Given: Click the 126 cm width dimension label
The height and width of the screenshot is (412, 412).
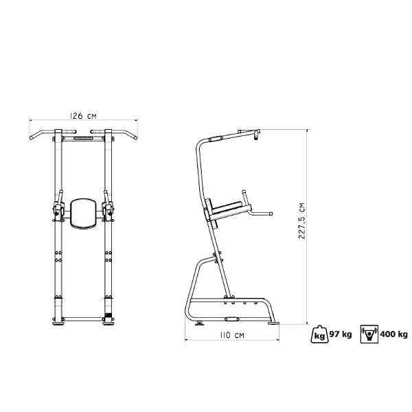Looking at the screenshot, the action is pos(83,115).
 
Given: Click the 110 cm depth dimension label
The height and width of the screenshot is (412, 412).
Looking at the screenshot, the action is pos(232,335).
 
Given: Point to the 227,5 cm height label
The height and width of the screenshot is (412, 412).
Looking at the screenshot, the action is pos(302,220).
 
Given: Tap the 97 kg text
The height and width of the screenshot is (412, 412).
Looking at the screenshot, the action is pos(341,334).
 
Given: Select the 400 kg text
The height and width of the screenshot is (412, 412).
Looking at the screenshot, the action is pos(394,334).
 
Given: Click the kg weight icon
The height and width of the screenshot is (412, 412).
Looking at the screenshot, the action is pos(320,334).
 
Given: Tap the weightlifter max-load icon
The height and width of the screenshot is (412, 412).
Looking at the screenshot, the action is pos(369,334).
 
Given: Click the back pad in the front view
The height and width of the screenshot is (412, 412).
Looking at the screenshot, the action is pos(83,213).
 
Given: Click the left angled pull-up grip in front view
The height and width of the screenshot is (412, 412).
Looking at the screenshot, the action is pos(42,134).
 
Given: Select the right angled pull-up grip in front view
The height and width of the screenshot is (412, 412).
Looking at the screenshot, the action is pos(124,134).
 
